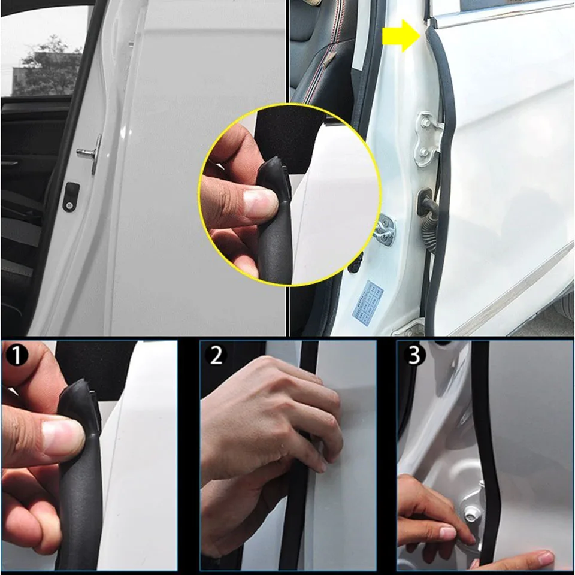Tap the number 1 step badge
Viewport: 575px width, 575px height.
18,356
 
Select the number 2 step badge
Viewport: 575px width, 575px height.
216,356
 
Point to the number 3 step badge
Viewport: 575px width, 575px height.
413,356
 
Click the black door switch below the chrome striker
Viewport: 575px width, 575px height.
71,196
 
